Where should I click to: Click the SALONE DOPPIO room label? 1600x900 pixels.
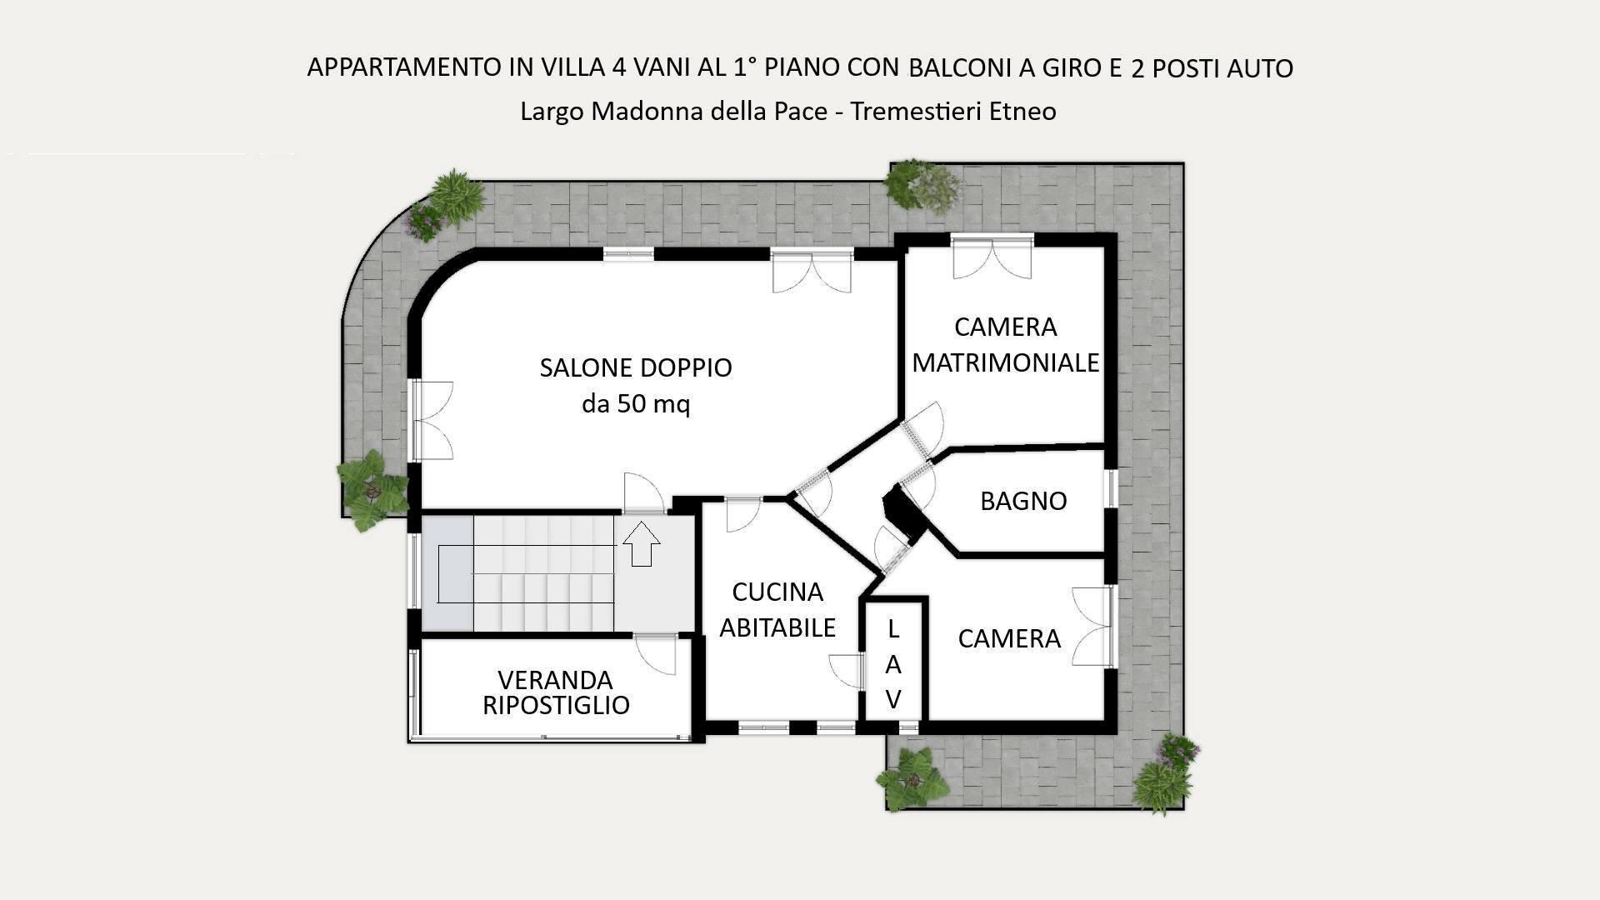click(x=635, y=367)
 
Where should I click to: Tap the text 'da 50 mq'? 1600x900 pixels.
click(x=635, y=405)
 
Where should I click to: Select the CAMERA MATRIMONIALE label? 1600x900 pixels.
click(x=1005, y=345)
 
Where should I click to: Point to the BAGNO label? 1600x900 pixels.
click(x=1023, y=501)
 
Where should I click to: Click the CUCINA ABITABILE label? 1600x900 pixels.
click(x=777, y=609)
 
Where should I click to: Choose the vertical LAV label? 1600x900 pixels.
click(x=893, y=664)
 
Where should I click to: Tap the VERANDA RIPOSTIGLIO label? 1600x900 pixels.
click(x=556, y=692)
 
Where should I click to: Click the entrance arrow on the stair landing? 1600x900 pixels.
click(x=641, y=543)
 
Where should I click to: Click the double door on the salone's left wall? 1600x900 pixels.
click(x=432, y=420)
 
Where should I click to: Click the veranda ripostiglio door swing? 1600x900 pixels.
click(x=656, y=654)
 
